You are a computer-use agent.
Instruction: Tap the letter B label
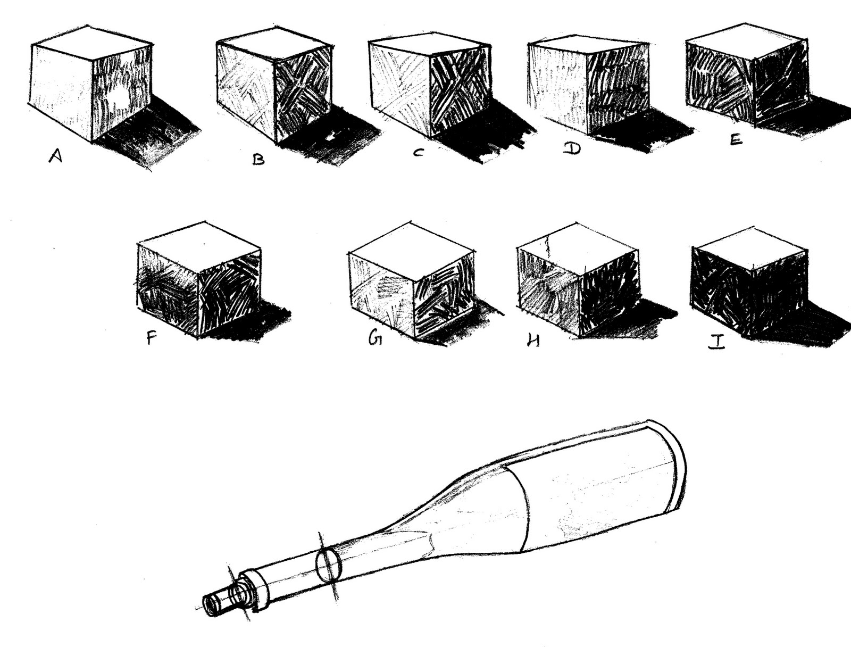click(258, 159)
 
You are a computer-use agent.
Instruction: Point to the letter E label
click(736, 139)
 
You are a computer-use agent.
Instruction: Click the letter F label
click(152, 337)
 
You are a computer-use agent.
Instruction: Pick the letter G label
click(375, 338)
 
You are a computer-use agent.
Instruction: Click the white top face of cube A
click(90, 43)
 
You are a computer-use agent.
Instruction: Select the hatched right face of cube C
click(460, 90)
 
